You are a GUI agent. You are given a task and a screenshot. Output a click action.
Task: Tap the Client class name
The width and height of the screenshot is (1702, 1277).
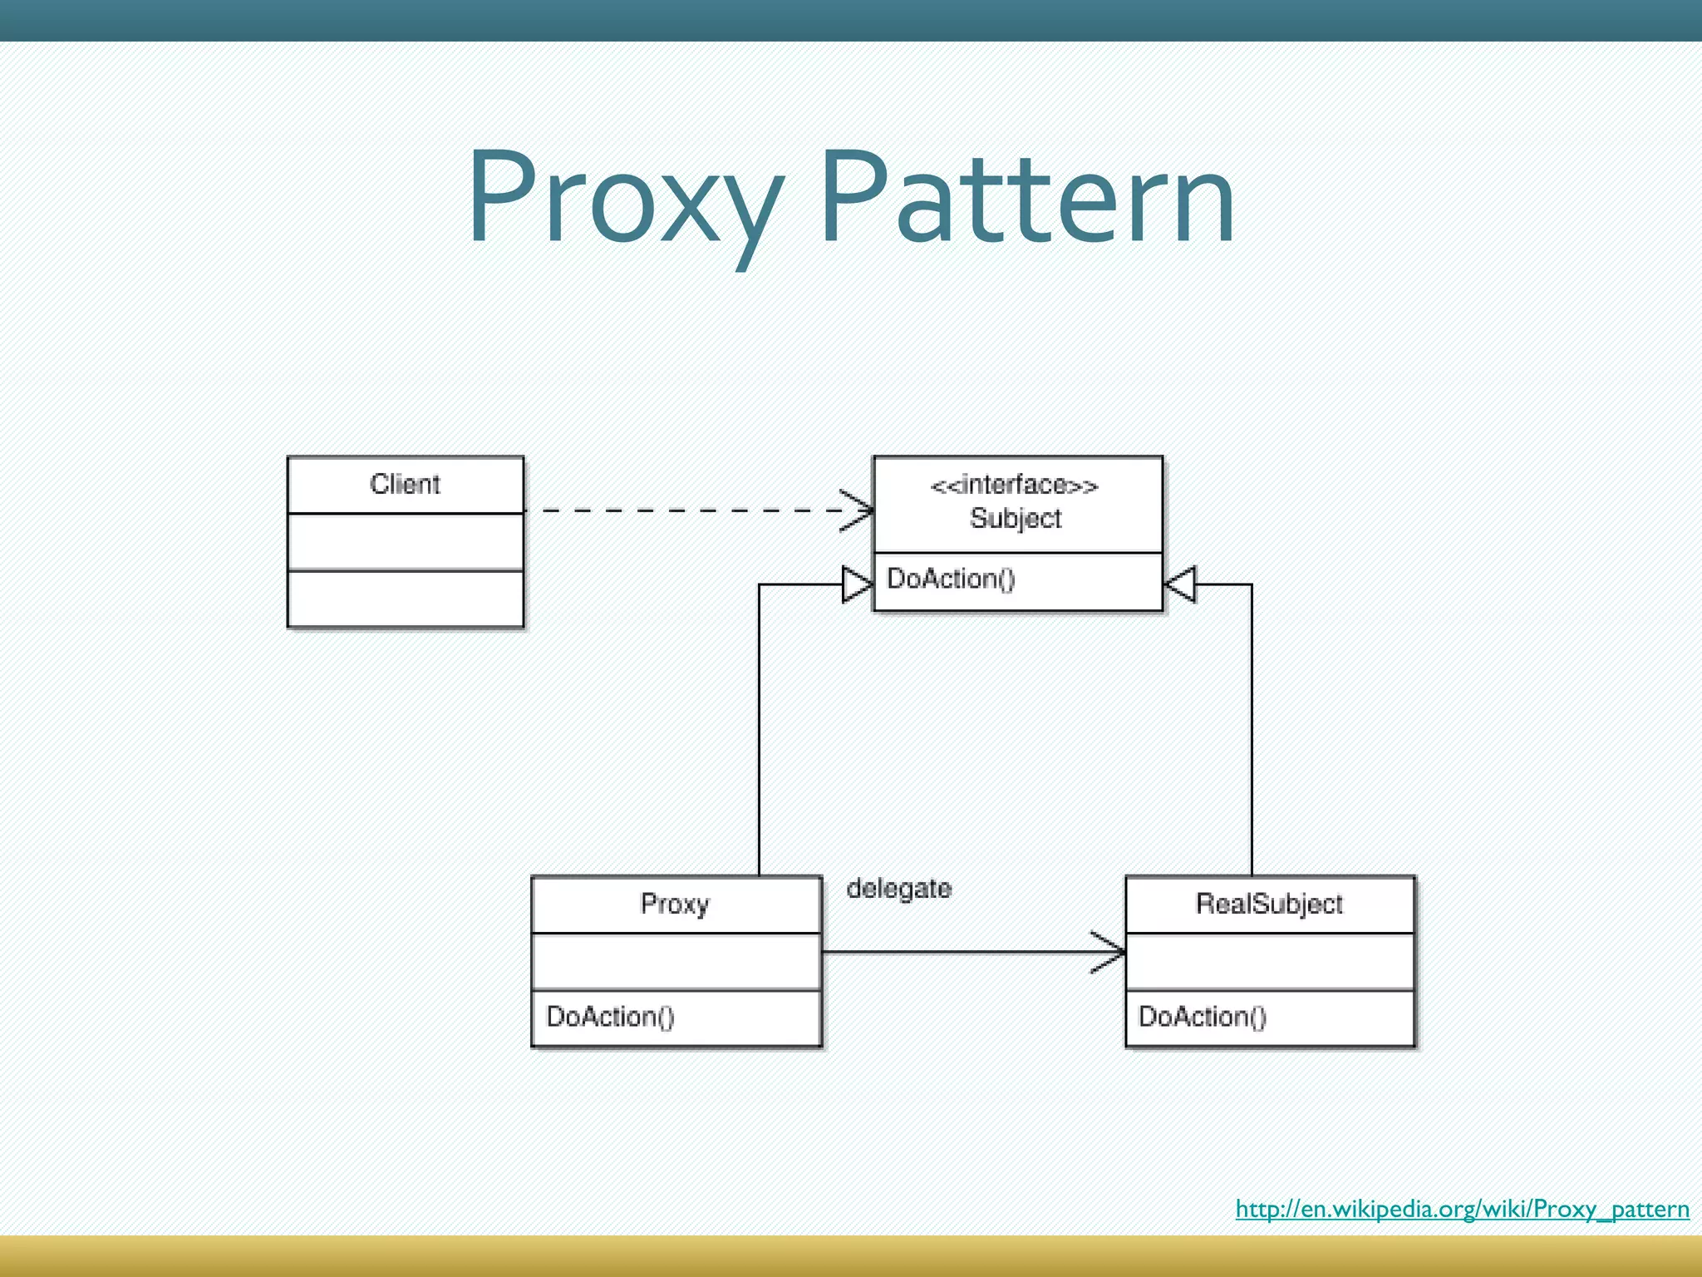(x=405, y=484)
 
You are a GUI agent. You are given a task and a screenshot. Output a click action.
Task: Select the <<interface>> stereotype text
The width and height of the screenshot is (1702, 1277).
(x=1015, y=486)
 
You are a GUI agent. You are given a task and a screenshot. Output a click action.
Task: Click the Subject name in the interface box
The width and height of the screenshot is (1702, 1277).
(x=1016, y=519)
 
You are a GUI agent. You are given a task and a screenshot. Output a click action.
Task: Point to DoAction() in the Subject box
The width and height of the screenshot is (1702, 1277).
(x=951, y=579)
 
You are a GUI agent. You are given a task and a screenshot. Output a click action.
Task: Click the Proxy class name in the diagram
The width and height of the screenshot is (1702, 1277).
(x=675, y=904)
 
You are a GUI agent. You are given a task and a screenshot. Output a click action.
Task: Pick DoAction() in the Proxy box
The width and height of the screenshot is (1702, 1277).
(x=610, y=1016)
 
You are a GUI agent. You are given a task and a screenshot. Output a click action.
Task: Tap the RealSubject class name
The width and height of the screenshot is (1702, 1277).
(x=1269, y=904)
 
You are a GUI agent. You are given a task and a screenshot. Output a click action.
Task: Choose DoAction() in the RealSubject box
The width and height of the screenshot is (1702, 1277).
(x=1202, y=1016)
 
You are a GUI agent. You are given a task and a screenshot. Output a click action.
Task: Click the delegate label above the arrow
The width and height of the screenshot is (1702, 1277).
(x=899, y=889)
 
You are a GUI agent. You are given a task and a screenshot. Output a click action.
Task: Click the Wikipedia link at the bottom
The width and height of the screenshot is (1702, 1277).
(x=1462, y=1209)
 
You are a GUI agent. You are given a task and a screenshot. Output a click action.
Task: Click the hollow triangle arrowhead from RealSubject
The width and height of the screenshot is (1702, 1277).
(x=1180, y=584)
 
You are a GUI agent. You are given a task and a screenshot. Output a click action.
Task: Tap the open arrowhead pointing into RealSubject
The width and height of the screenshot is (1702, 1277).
(x=1110, y=952)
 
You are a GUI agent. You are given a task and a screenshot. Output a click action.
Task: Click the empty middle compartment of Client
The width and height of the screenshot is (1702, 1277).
(x=405, y=541)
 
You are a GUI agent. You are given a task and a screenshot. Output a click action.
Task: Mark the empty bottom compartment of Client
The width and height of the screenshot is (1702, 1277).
(x=405, y=599)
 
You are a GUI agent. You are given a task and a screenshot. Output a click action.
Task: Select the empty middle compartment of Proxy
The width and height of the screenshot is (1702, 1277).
(x=676, y=961)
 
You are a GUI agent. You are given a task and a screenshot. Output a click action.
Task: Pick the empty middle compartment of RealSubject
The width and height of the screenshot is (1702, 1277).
(x=1270, y=961)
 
